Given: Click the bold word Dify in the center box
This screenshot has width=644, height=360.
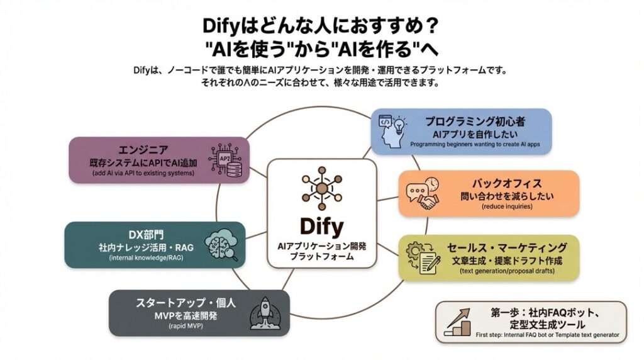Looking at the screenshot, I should click(x=321, y=225).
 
